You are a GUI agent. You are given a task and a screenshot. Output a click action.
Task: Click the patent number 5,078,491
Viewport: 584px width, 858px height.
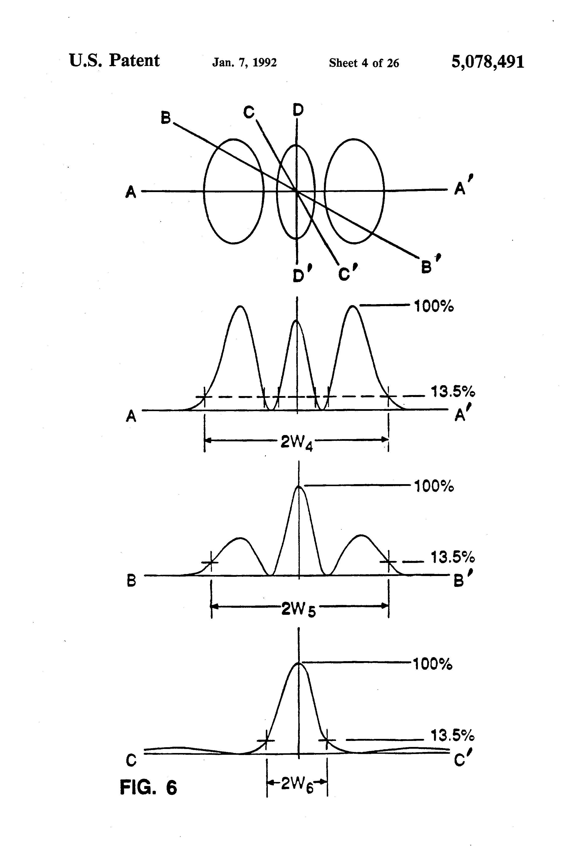[x=487, y=62]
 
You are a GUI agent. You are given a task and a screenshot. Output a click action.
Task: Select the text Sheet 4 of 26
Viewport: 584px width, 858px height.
[x=364, y=63]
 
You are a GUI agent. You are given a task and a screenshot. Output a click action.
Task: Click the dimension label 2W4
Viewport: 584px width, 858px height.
[x=297, y=442]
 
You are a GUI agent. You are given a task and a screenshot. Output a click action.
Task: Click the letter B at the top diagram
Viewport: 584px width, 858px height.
[x=166, y=118]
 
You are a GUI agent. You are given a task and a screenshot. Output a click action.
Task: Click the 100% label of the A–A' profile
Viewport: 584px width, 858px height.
[x=434, y=306]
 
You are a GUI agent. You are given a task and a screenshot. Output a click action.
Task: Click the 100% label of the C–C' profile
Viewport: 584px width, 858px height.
[x=432, y=664]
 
